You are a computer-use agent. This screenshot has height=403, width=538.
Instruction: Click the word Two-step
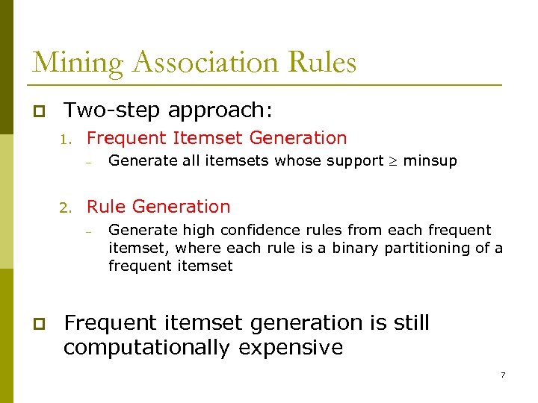[x=112, y=110]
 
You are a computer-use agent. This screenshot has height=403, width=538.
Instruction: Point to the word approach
[x=217, y=111]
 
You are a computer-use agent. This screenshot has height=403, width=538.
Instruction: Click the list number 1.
[x=65, y=139]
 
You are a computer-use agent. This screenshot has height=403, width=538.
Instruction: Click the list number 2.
[x=65, y=207]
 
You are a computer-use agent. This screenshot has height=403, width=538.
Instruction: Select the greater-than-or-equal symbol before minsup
[x=393, y=160]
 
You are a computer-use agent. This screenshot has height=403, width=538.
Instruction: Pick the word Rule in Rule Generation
[x=107, y=207]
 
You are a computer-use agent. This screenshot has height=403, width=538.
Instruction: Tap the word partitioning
[x=429, y=249]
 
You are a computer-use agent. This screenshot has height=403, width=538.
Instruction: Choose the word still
[x=412, y=322]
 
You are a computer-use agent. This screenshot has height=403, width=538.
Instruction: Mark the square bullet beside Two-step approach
[x=37, y=111]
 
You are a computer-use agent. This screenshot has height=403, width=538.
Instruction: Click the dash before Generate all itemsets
[x=87, y=161]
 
